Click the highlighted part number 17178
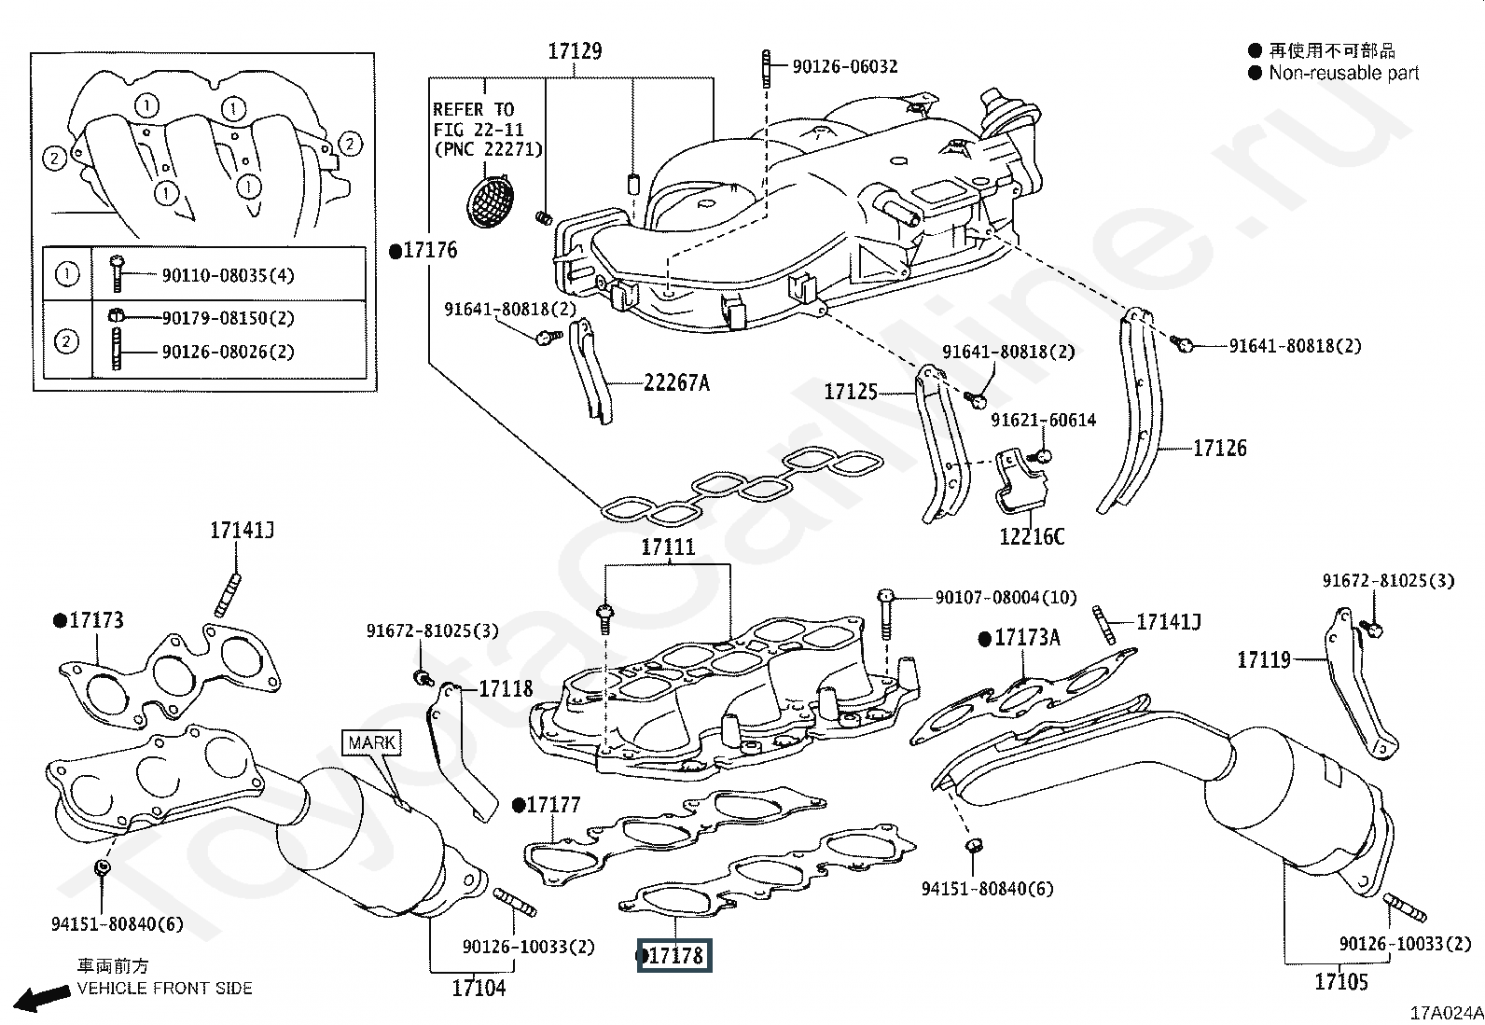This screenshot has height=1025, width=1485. click(674, 956)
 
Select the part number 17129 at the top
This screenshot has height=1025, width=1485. click(575, 52)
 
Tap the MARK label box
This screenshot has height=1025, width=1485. click(371, 743)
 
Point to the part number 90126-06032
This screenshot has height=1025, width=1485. click(845, 66)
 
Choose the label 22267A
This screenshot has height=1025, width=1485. click(676, 382)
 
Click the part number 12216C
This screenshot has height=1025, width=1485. click(1032, 536)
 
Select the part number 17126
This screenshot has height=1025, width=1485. click(1220, 449)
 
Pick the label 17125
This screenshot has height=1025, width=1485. click(851, 392)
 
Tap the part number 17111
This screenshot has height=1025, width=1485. click(668, 547)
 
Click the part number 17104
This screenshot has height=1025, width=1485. click(479, 988)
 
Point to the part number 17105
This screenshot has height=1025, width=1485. click(1341, 981)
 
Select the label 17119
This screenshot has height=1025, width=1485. click(1264, 660)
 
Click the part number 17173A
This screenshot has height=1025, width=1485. click(1027, 638)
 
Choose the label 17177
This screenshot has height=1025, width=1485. click(553, 805)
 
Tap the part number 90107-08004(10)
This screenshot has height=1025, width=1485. click(1006, 597)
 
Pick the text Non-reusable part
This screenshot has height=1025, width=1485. click(1343, 73)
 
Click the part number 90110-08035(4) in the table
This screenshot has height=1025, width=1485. click(229, 275)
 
